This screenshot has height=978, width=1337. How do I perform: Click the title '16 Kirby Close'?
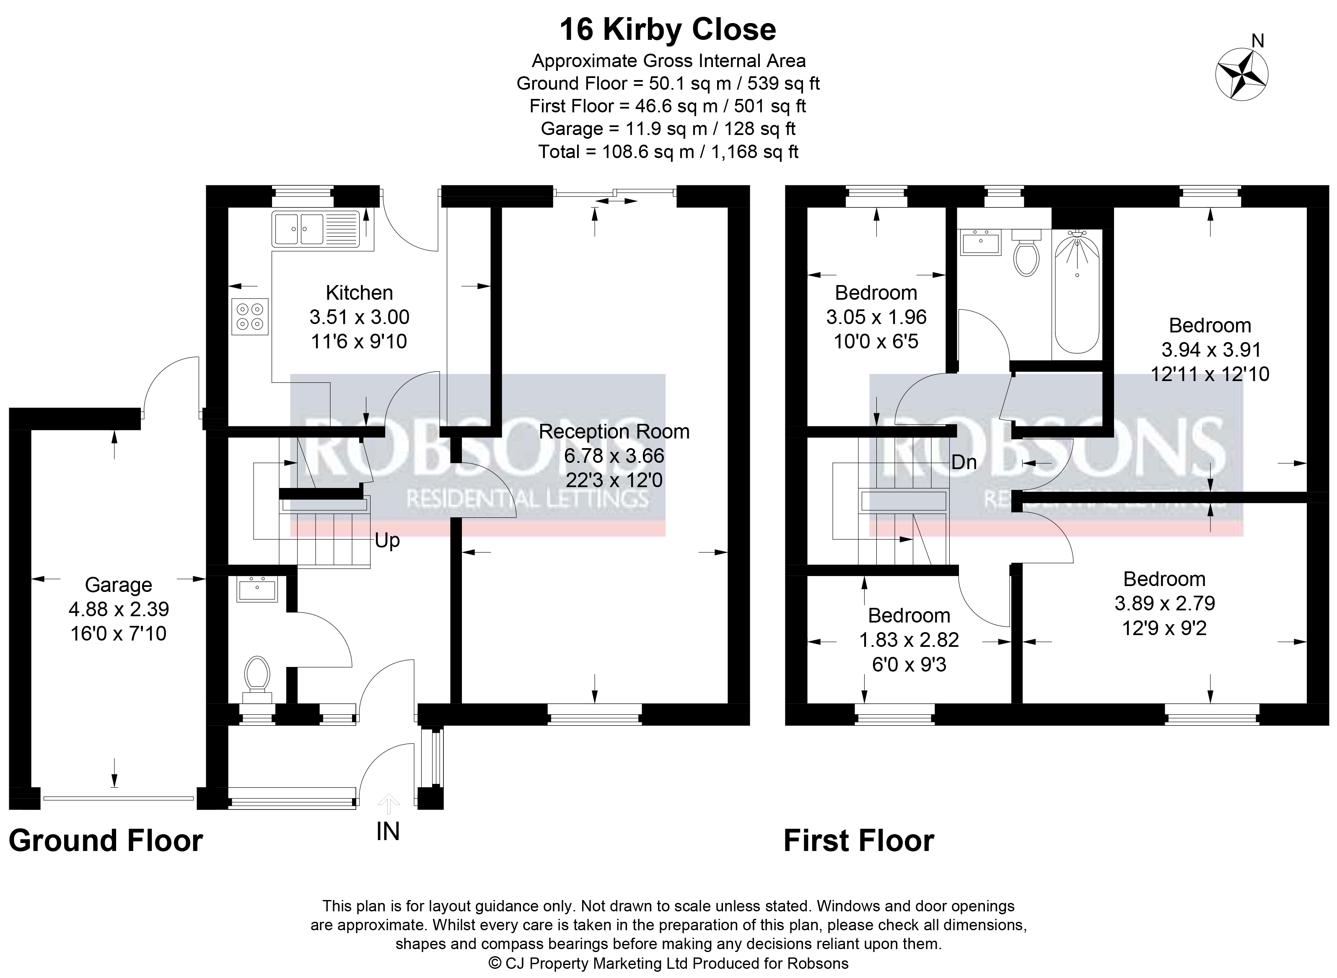[x=668, y=30]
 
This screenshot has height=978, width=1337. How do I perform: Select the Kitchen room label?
[x=359, y=293]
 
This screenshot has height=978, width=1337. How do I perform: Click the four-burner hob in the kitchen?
[x=250, y=316]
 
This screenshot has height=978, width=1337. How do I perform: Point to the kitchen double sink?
[x=316, y=228]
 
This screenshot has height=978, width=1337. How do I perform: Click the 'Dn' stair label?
[x=964, y=462]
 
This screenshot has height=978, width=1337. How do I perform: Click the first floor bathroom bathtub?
[x=1077, y=292]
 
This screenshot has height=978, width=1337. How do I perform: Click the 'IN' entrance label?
[x=388, y=832]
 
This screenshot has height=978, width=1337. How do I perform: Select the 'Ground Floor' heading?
[x=106, y=841]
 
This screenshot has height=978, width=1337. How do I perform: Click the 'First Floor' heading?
[x=859, y=841]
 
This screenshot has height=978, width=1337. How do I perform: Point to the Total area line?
[x=668, y=152]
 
